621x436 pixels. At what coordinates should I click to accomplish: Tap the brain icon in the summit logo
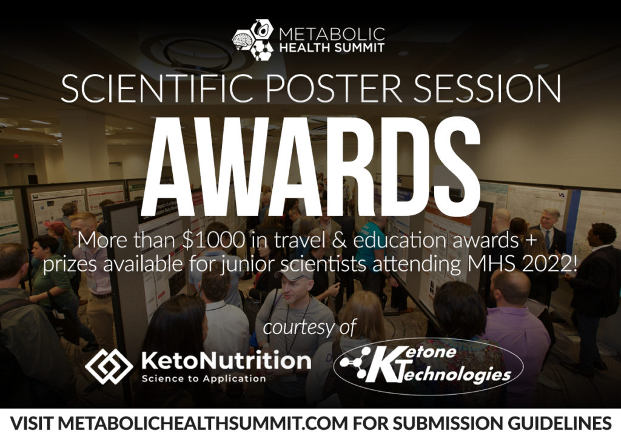click(x=242, y=40)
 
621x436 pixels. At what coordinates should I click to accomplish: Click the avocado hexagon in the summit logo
click(x=261, y=29)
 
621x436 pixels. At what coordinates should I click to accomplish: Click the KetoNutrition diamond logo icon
click(x=109, y=366)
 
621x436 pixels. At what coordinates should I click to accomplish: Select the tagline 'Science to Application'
click(x=204, y=379)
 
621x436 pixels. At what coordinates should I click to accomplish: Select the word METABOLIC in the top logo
click(x=332, y=34)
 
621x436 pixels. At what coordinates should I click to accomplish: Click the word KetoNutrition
click(x=226, y=361)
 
